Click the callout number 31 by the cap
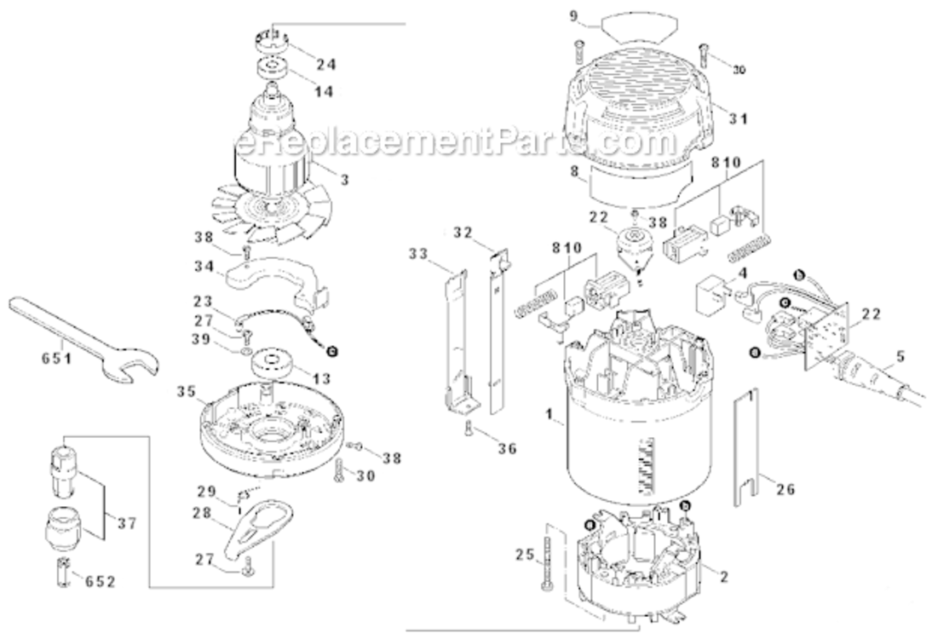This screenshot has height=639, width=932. (x=737, y=118)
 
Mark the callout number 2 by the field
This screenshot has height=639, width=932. (x=723, y=578)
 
